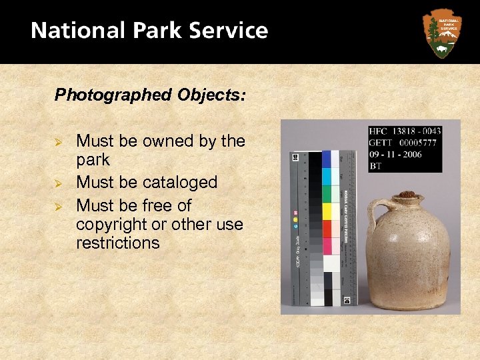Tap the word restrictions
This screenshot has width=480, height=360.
click(118, 243)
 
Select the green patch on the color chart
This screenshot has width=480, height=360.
click(327, 194)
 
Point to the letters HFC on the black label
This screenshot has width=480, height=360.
click(379, 131)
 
